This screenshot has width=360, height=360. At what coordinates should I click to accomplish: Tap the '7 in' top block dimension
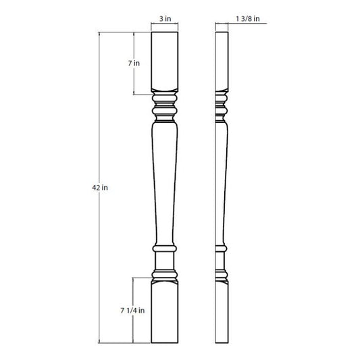(x=134, y=63)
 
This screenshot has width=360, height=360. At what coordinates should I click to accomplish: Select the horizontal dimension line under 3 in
(x=165, y=24)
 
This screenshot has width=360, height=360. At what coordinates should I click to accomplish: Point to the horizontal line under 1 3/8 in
(x=243, y=24)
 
